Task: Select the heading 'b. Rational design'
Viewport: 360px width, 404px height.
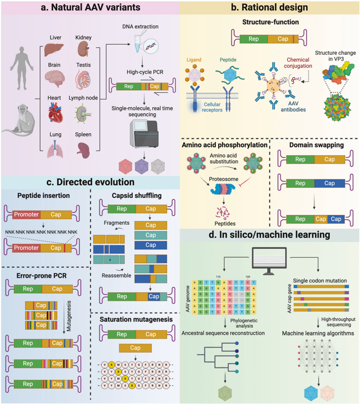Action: [270, 8]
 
